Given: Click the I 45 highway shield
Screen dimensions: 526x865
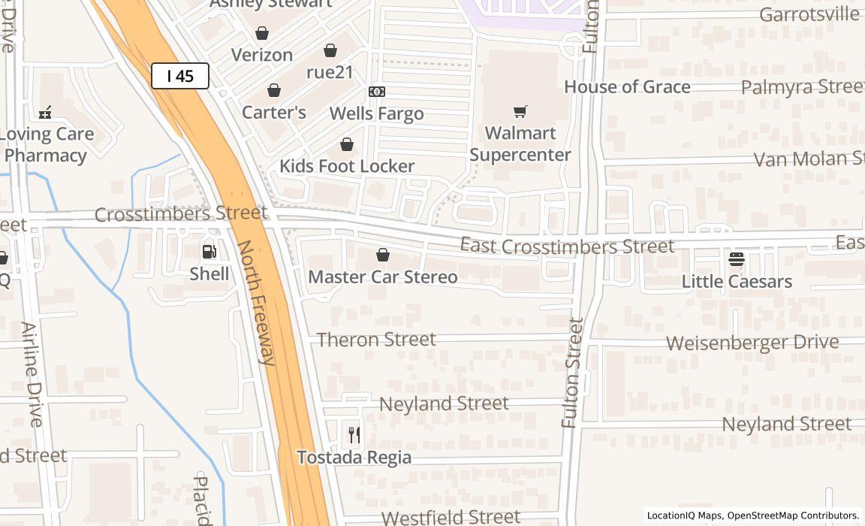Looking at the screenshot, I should (180, 76).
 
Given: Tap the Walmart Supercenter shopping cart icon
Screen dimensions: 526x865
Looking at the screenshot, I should (520, 112).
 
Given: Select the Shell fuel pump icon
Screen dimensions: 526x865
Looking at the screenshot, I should (209, 252).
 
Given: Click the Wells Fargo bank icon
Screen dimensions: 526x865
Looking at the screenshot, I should (377, 92).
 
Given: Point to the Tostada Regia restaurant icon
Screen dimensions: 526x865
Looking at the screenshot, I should (354, 434).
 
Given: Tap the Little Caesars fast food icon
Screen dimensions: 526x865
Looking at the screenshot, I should (737, 259).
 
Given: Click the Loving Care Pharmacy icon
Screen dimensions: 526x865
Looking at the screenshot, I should (45, 113).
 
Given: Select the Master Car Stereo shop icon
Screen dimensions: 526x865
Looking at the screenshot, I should (383, 255).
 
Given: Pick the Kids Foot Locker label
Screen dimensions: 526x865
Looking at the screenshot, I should (347, 166).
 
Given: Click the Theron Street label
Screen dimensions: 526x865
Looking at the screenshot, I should (376, 340).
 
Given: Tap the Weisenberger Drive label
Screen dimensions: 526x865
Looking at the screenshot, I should (752, 343).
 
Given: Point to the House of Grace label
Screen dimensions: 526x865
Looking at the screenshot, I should (627, 87).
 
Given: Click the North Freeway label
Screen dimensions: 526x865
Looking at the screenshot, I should (257, 302).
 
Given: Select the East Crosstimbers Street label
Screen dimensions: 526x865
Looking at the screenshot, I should (567, 246).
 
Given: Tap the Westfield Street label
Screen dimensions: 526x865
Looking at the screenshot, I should (451, 517).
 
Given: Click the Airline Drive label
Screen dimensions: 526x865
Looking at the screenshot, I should (32, 374).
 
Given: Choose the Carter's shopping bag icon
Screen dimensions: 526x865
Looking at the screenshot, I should (274, 90).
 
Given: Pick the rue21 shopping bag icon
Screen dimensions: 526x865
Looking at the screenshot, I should (330, 50).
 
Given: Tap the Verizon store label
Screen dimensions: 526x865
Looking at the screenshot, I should (262, 55).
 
